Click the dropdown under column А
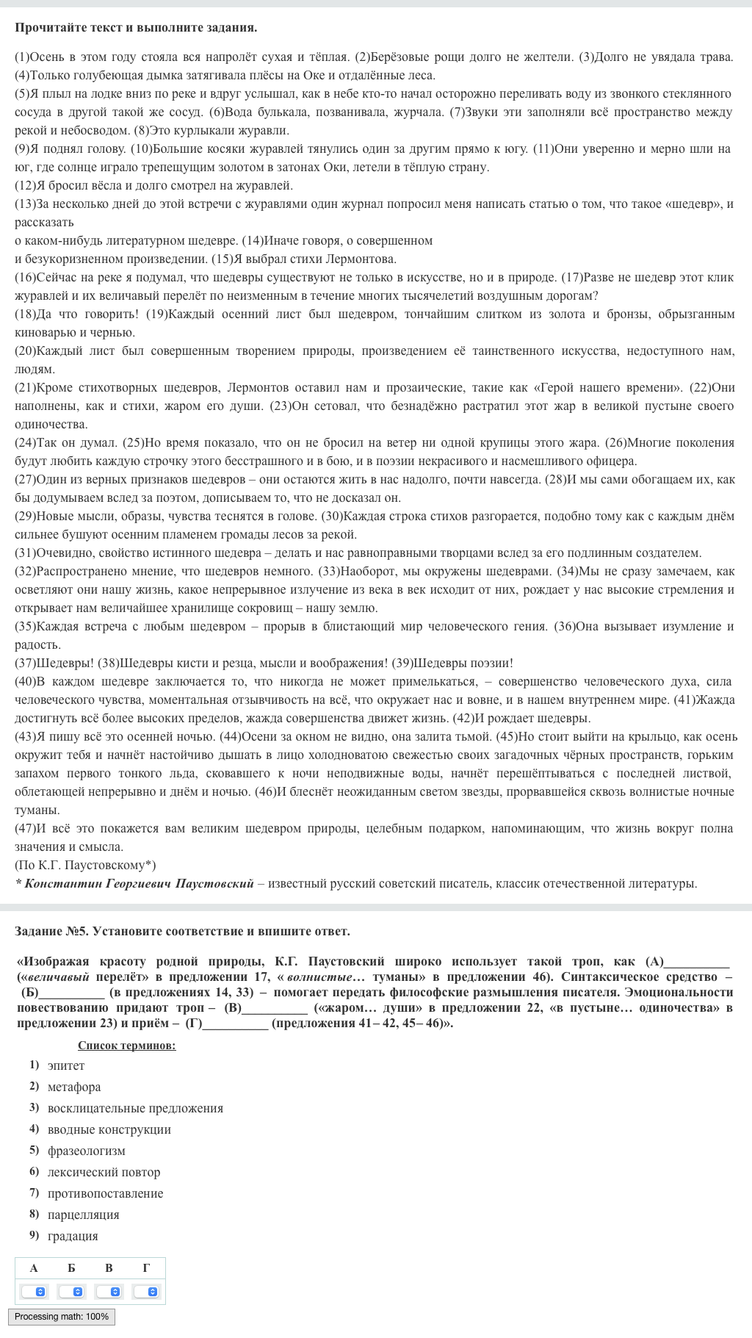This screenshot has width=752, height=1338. (x=34, y=1291)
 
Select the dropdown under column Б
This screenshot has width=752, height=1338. (x=71, y=1291)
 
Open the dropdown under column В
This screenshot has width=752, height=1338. (x=109, y=1291)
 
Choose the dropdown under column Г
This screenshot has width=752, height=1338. (x=146, y=1291)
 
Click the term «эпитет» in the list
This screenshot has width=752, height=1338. (x=66, y=1065)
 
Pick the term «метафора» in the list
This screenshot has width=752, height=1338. (x=74, y=1087)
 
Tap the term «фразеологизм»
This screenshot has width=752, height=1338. (x=87, y=1151)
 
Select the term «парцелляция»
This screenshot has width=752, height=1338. (x=84, y=1215)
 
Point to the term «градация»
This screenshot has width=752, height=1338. (x=73, y=1236)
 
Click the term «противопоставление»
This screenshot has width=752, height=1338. (x=106, y=1193)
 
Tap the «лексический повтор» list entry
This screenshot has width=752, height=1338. (x=104, y=1172)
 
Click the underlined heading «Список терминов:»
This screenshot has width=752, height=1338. (x=126, y=1046)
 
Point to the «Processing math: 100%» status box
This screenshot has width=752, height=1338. (x=62, y=1316)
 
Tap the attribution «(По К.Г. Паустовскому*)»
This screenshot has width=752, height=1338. (x=85, y=865)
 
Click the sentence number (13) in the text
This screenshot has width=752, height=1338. (x=25, y=204)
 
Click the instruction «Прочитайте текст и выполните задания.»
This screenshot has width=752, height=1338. (x=136, y=27)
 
